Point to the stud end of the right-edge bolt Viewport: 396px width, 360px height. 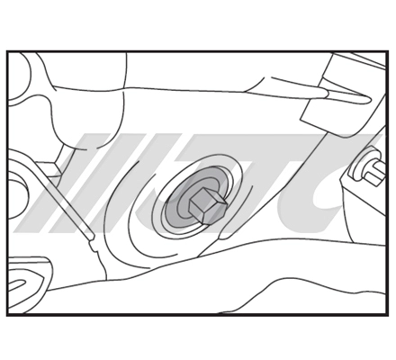tap(375, 173)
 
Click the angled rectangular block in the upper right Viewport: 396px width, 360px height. tap(339, 96)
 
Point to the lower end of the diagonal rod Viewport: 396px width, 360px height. tap(92, 238)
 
